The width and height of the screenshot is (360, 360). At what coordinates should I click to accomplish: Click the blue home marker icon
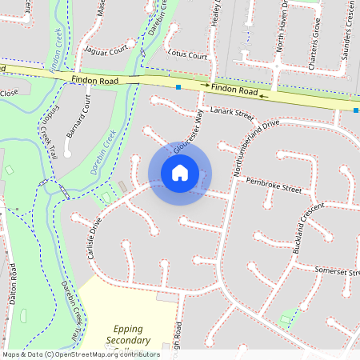coord(180,173)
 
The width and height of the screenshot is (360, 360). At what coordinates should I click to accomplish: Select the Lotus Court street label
coord(188,55)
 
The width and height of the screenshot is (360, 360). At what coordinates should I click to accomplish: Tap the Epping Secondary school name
coord(133,334)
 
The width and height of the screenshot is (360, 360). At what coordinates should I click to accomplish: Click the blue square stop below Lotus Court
coord(178,86)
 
